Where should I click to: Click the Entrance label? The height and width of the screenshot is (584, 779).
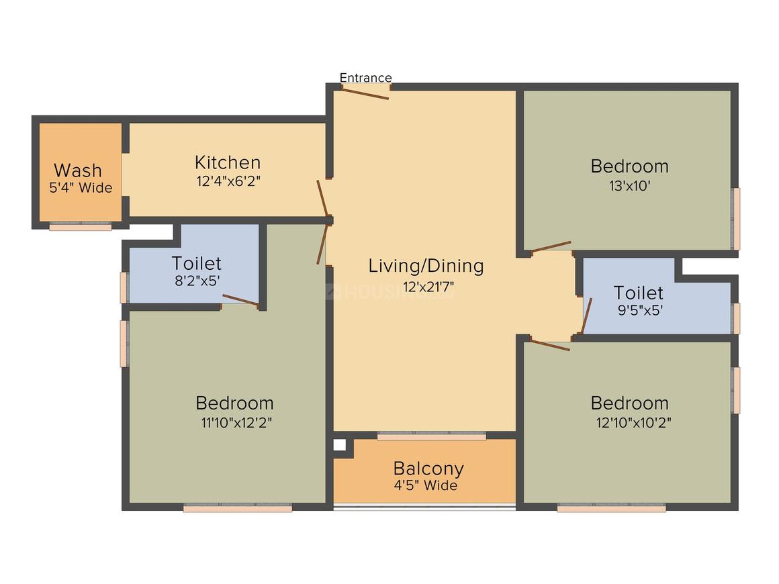[x=365, y=78]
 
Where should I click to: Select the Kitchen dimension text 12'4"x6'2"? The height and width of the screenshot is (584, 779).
[x=228, y=181]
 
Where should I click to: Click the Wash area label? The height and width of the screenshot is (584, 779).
[x=78, y=170]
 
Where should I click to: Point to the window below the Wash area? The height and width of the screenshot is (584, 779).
[x=81, y=227]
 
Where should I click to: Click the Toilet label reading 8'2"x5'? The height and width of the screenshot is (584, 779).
[x=196, y=263]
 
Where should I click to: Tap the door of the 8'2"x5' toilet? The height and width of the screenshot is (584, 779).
[x=240, y=300]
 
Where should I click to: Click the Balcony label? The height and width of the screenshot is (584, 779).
[x=428, y=468]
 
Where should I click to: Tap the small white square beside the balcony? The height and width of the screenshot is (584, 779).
[x=340, y=444]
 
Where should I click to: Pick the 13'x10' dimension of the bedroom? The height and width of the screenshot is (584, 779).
[x=629, y=185]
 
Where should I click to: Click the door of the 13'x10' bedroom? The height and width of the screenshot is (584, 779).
[x=551, y=247]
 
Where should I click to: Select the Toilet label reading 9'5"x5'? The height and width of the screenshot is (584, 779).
[x=638, y=293]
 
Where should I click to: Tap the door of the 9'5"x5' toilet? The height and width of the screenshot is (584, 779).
[x=586, y=315]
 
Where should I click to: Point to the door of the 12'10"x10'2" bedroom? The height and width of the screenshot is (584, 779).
[x=550, y=345]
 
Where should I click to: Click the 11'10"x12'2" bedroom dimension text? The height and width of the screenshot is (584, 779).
[x=234, y=422]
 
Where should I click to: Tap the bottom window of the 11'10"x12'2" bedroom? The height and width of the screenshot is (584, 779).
[x=237, y=508]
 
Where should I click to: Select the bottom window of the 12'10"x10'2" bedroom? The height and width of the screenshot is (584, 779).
[x=611, y=508]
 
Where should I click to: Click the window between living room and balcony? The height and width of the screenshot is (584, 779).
[x=431, y=436]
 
